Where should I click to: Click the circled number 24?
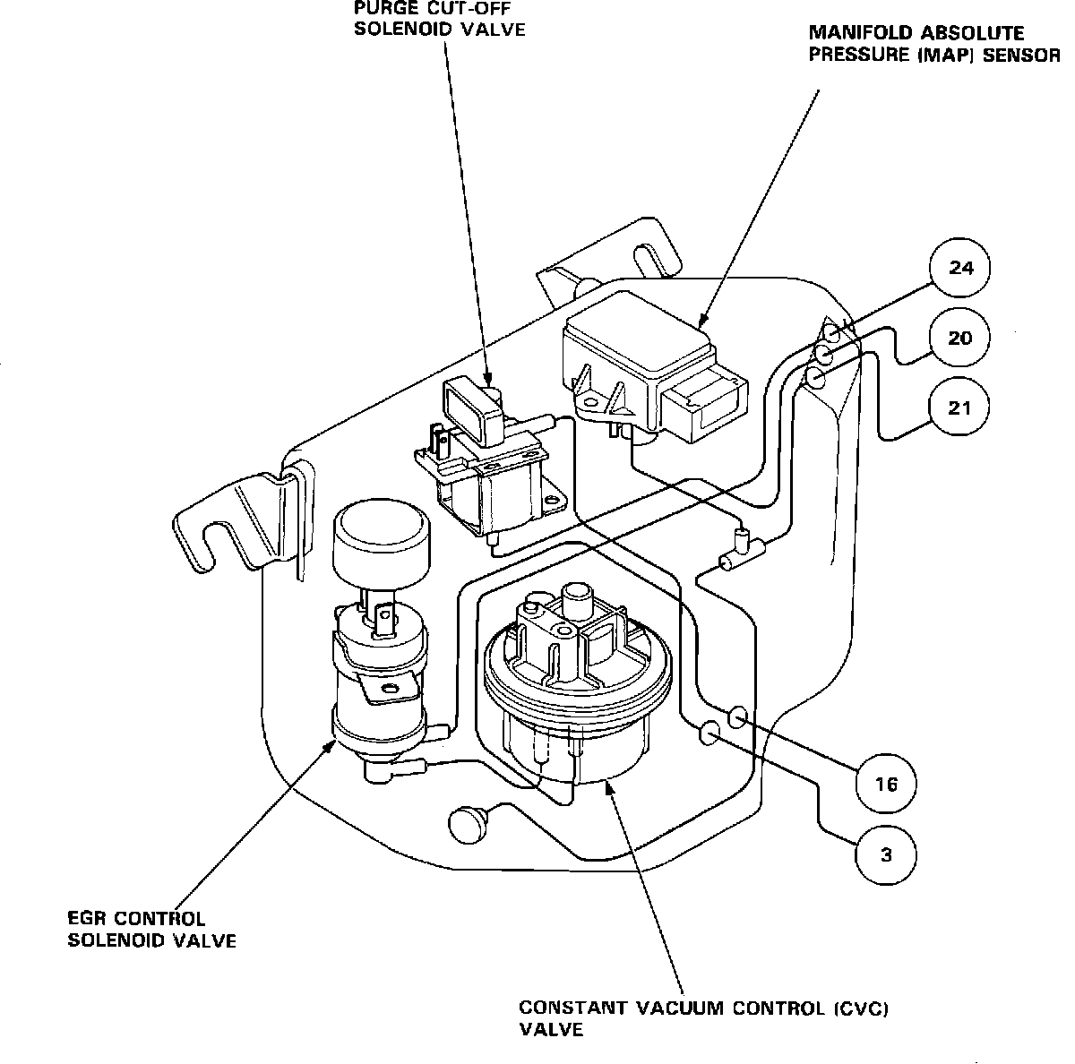959,268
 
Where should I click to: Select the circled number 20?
959,338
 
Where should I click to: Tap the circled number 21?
959,408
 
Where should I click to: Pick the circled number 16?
886,785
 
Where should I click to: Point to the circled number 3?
886,854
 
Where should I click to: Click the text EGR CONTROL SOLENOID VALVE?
152,930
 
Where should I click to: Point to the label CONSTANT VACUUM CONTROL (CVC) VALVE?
703,1018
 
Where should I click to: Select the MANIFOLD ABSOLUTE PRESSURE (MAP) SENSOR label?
932,43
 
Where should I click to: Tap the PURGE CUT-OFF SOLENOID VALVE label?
439,18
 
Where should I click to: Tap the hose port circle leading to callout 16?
739,716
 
